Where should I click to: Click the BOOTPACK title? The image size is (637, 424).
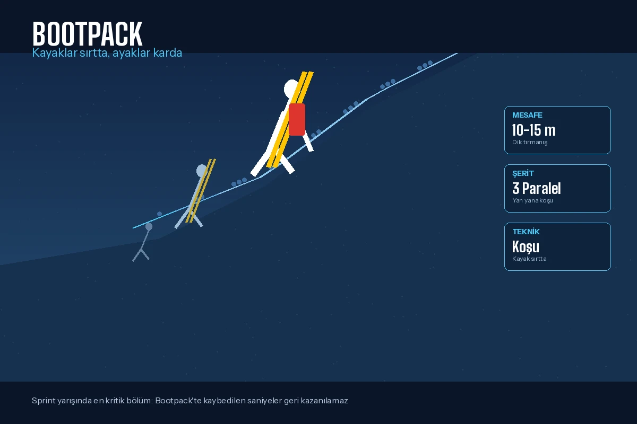tap(87, 34)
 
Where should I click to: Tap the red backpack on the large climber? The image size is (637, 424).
tap(297, 119)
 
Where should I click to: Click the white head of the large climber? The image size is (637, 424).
tap(291, 89)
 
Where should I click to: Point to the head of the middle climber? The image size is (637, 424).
tap(202, 171)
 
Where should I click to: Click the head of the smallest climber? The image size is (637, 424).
tap(149, 226)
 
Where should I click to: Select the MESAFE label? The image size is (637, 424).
tap(527, 115)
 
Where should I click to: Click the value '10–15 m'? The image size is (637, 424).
tap(534, 130)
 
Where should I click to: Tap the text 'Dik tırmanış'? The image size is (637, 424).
tap(530, 142)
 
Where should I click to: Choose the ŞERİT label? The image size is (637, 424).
tap(523, 173)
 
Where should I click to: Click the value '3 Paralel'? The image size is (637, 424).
tap(536, 188)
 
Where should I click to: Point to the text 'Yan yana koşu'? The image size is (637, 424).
tap(532, 200)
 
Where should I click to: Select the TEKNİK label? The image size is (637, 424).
tap(526, 232)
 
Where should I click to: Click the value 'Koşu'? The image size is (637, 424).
tap(526, 246)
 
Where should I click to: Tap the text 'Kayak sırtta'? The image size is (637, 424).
tap(529, 259)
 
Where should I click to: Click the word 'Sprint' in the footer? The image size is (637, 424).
tap(44, 401)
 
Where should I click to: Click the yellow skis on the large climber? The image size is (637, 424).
tap(290, 119)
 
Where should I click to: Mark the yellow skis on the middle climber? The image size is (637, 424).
tap(201, 191)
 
